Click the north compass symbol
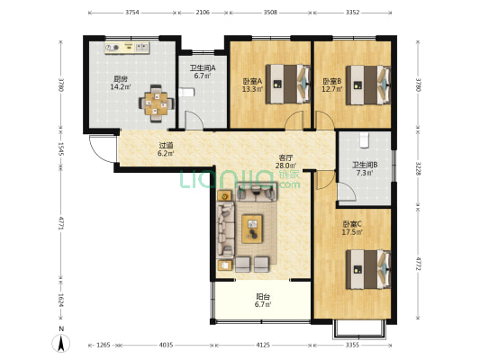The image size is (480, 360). point(61,343)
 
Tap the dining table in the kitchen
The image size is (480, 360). point(156,103)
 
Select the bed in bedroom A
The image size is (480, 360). point(288,84)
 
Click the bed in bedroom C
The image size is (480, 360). point(368,269)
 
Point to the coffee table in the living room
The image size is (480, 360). point(252,229)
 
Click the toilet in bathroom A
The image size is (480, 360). point(186,93)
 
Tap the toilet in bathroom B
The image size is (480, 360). point(364,139)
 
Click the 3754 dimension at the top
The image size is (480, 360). point(132,13)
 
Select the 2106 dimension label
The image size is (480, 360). point(203,13)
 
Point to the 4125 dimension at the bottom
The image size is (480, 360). point(263,345)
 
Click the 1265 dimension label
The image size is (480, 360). point(104,345)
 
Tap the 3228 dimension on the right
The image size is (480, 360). point(418,166)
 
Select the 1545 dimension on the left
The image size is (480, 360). point(61,148)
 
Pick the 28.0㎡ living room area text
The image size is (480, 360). point(285,166)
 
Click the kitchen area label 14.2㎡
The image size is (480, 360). point(121,87)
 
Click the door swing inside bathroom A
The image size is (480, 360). point(194,120)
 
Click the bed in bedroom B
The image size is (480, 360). point(368,85)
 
